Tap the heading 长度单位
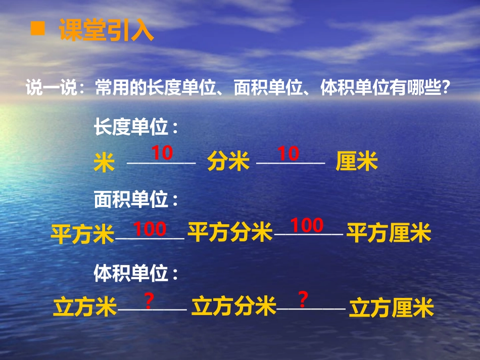[x=136, y=127]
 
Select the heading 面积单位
[x=136, y=200]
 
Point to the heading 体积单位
[x=136, y=274]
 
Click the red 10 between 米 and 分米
[x=162, y=153]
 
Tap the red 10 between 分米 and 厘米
[x=289, y=153]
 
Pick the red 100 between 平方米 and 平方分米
[x=150, y=229]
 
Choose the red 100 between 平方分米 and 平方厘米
[x=307, y=226]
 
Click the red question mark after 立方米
[x=149, y=301]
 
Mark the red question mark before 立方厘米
[x=303, y=300]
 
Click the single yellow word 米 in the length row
[x=104, y=163]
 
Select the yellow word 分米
[x=228, y=163]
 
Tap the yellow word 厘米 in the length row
[x=357, y=163]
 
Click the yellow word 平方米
[x=83, y=235]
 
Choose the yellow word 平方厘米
[x=389, y=234]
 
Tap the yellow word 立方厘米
[x=392, y=307]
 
